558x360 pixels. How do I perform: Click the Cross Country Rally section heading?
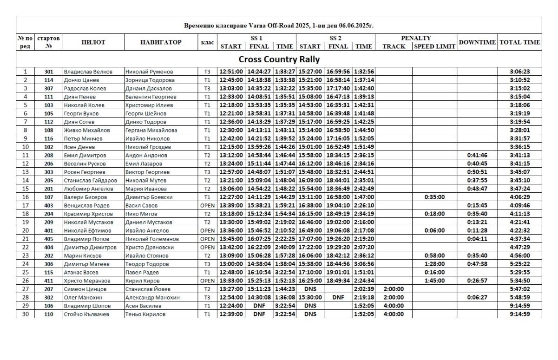tap(279, 59)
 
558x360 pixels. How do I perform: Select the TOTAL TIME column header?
tap(519, 42)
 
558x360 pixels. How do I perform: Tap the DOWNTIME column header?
tap(477, 42)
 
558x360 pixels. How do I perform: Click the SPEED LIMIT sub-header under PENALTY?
tap(434, 46)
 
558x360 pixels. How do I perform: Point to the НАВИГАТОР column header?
tap(161, 42)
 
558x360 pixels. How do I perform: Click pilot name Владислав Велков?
tap(88, 72)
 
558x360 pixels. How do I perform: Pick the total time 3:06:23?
tap(519, 72)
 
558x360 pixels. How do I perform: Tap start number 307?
tap(48, 89)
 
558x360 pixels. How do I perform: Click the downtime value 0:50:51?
tap(477, 172)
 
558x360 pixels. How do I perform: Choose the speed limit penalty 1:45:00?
tap(434, 281)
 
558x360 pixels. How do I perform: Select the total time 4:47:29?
tap(519, 248)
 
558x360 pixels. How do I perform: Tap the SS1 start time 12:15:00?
tap(231, 147)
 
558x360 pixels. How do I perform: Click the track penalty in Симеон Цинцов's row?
tap(393, 289)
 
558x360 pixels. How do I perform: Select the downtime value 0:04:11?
tap(477, 239)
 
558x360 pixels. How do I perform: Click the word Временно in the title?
tap(199, 26)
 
